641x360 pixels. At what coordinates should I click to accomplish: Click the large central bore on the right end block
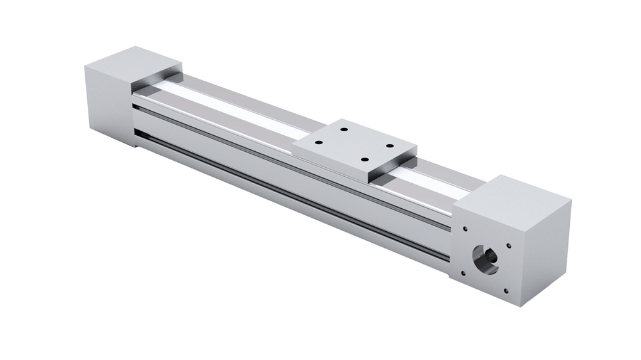[485, 258]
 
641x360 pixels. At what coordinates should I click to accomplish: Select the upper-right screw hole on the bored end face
[509, 243]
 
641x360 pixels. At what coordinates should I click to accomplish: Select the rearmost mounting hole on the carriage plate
[344, 129]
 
